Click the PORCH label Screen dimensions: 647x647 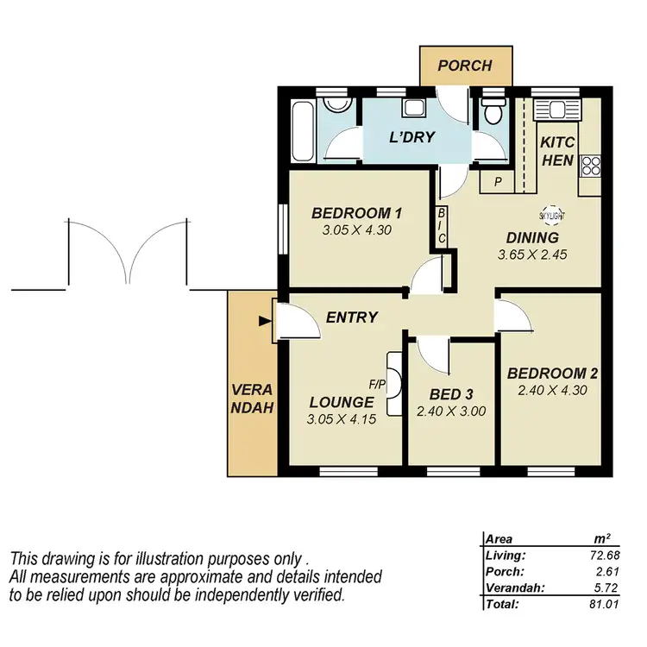coord(464,66)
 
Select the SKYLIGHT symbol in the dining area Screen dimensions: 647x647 coord(551,216)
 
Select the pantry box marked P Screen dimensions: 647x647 coord(497,182)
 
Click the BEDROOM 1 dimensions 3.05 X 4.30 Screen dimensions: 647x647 coord(356,230)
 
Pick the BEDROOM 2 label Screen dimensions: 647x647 coord(552,374)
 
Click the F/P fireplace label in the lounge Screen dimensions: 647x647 coord(376,383)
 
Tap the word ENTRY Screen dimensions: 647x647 coord(352,317)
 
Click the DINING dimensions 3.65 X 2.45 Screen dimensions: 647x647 coord(535,255)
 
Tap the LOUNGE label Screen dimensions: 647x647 coord(342,402)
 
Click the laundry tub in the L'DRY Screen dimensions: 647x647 coord(413,110)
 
